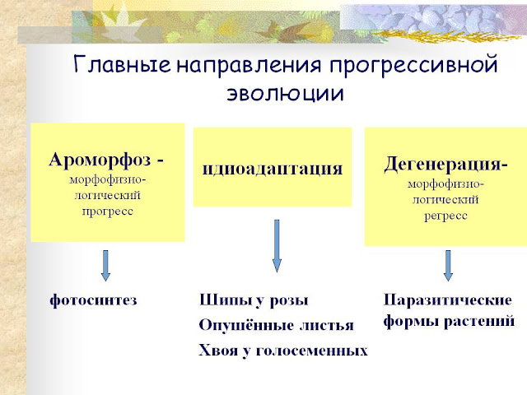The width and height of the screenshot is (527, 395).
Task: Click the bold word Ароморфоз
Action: pos(102,160)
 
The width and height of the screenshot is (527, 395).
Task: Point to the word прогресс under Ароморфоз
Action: pos(107,211)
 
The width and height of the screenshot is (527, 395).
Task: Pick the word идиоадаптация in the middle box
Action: pos(273,169)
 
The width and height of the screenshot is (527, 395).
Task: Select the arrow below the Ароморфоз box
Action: pos(106,264)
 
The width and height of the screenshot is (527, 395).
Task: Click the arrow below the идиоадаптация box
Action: pos(277,245)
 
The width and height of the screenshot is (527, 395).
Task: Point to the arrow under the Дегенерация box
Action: pos(448,265)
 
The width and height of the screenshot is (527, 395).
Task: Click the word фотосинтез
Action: pos(92,300)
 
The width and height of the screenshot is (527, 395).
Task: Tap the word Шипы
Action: pos(222,300)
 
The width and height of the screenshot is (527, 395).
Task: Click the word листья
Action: pos(326,325)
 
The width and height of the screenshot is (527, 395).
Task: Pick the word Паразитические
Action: pos(448,300)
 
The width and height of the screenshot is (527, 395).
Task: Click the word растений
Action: pos(483,320)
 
